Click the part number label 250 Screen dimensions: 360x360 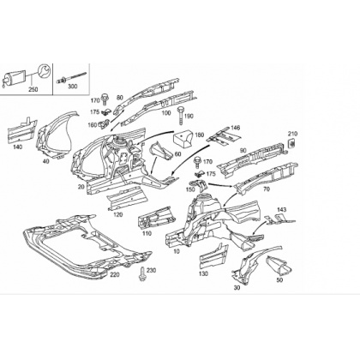coord(33,89)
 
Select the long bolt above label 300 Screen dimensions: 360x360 coord(72,77)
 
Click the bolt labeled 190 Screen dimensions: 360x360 coord(181,116)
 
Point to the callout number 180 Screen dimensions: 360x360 coord(200,135)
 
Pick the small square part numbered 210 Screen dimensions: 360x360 coord(291,143)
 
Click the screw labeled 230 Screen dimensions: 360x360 coord(142,273)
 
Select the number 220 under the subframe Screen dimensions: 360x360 coord(115,275)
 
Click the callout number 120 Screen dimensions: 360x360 coord(117,214)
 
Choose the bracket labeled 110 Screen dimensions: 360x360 coord(156,219)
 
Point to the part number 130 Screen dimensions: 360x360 coord(203,274)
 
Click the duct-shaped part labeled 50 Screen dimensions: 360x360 coord(280,266)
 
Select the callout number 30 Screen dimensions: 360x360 coord(237,288)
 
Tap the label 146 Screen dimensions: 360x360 coord(236,128)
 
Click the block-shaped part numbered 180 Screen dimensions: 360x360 coord(183,139)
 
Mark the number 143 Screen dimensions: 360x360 coord(281,210)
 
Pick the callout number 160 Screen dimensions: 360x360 coord(93,125)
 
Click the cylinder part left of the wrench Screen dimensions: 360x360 coord(15,77)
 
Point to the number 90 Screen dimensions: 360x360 coord(243,151)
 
